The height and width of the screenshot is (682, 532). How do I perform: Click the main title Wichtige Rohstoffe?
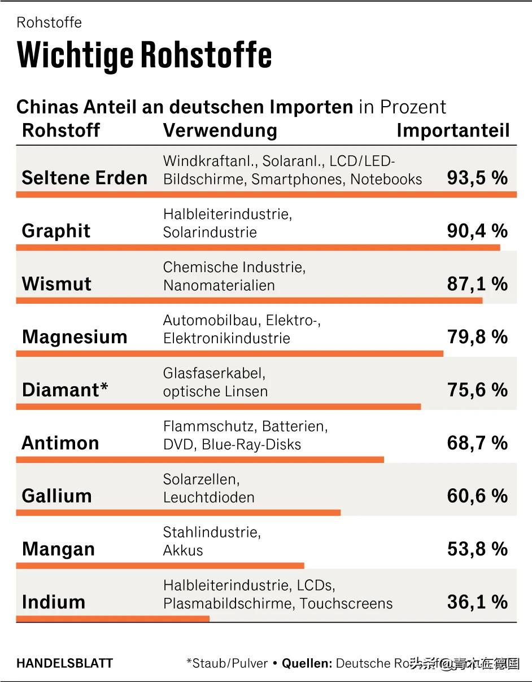point(145,55)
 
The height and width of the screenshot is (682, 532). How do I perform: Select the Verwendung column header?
point(220,130)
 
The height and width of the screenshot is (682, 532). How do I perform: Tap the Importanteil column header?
point(453,130)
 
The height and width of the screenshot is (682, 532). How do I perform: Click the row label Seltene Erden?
point(84,178)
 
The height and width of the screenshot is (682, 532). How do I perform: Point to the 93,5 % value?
point(477,178)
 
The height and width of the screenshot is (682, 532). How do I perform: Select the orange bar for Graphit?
point(258,247)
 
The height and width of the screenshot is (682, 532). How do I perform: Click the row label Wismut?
point(56,283)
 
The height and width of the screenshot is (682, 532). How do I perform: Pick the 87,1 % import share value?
point(477,283)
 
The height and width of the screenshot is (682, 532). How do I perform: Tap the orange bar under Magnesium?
point(229,353)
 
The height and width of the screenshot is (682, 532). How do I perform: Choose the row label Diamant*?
point(65,390)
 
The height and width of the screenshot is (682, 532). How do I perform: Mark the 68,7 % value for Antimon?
point(477,443)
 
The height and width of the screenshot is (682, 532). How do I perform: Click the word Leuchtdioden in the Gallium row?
point(208,497)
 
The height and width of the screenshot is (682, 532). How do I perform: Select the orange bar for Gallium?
point(178,513)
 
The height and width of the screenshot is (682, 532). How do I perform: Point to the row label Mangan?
point(58,549)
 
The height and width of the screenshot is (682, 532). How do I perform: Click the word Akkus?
point(182,550)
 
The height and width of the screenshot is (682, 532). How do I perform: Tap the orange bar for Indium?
point(112,619)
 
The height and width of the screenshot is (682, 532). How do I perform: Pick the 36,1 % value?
point(477,602)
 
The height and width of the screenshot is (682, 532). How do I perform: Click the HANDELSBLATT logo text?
point(64,663)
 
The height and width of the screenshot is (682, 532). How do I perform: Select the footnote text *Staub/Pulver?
point(227,663)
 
